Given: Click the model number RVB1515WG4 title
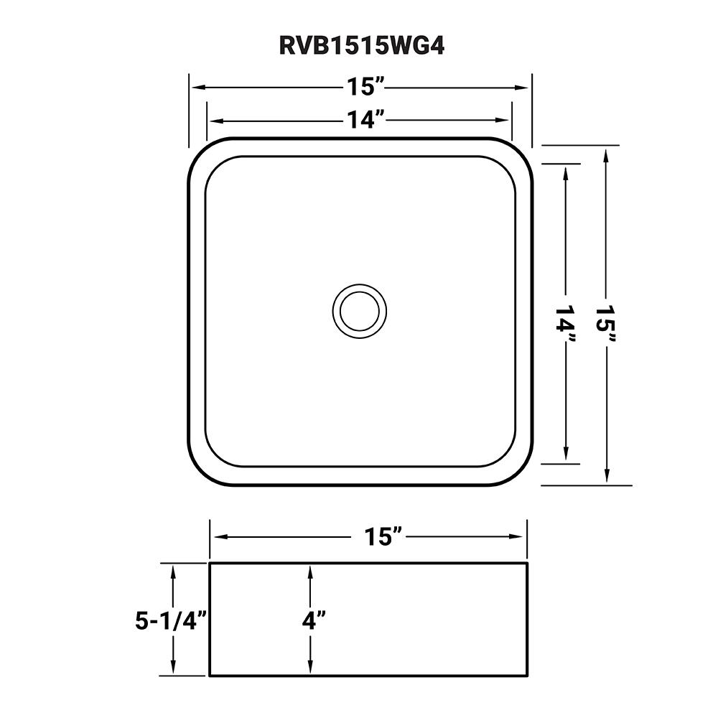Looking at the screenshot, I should coord(360,45).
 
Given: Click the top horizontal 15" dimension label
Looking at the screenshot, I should coord(368,88).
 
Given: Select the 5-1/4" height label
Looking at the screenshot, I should coord(171,620).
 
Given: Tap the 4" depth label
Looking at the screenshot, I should coord(314,620).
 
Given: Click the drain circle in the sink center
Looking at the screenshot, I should coord(359,310).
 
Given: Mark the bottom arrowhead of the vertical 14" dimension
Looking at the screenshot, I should coord(567,455).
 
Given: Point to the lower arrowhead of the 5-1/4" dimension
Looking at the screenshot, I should coord(173,668).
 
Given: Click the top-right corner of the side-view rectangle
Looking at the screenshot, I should coord(528,564).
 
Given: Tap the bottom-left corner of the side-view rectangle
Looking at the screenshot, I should coord(210,675).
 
